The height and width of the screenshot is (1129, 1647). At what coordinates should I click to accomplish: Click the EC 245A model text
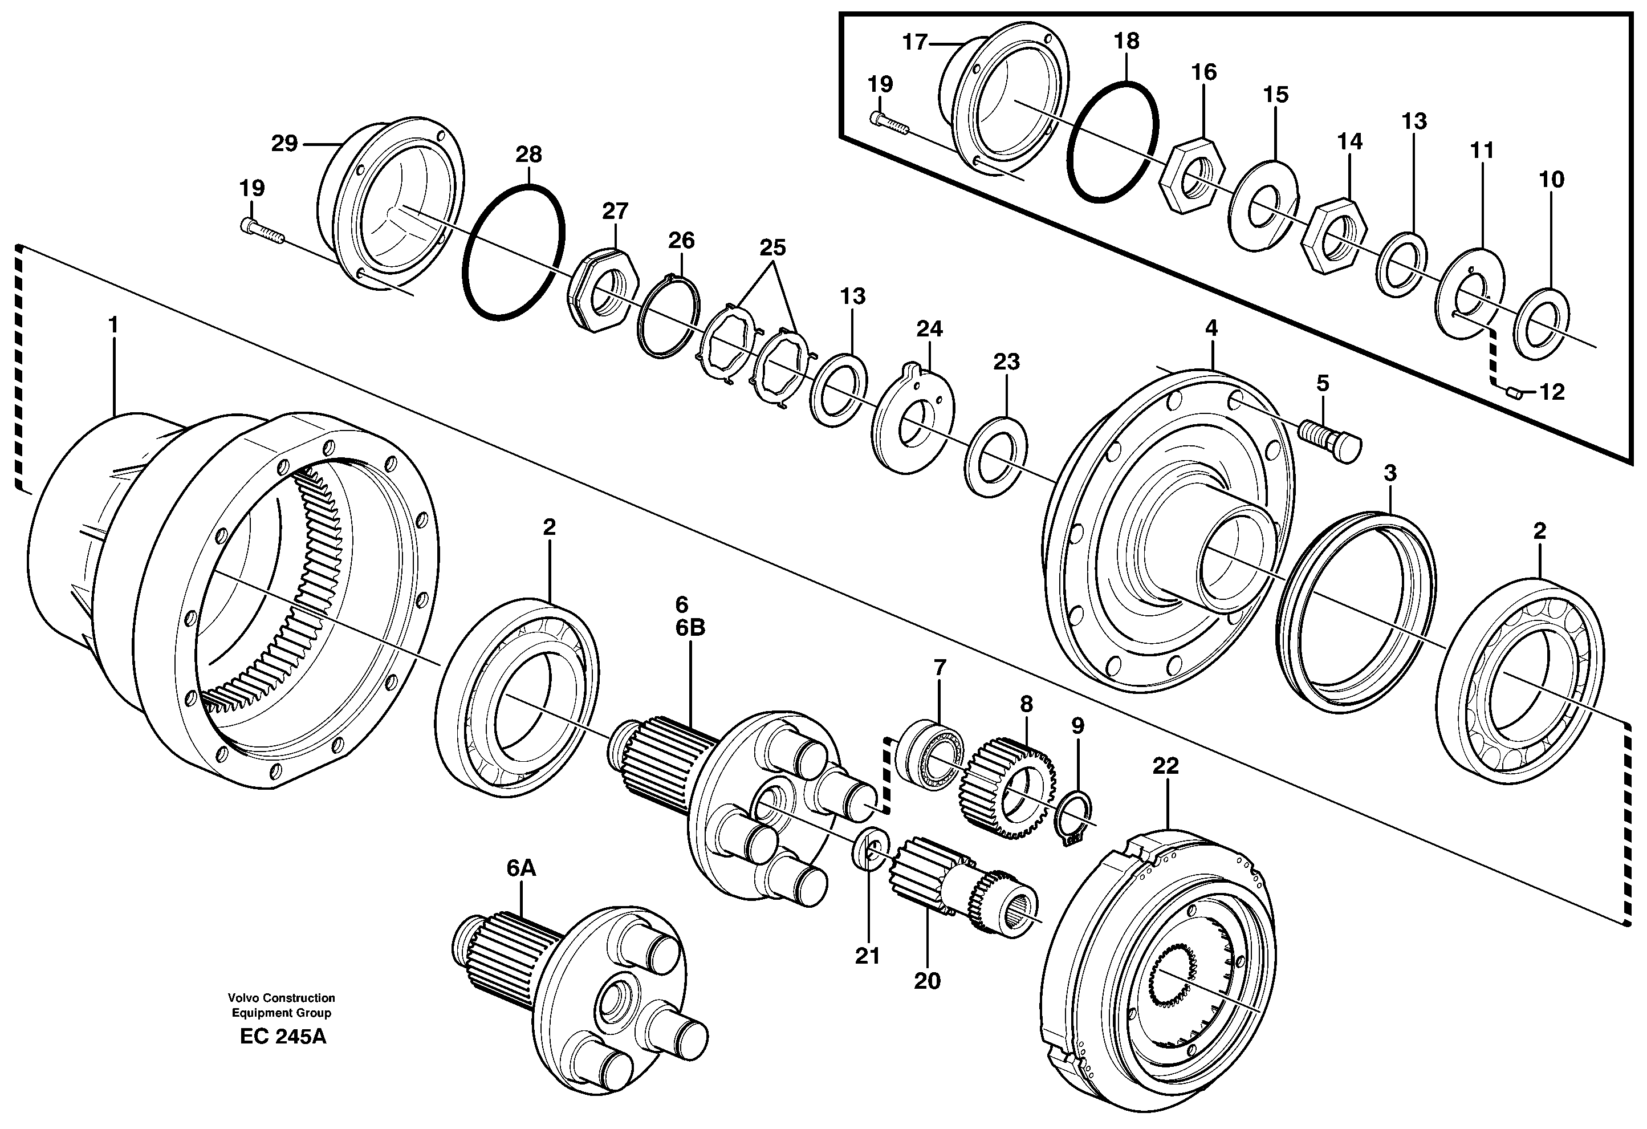tap(283, 1037)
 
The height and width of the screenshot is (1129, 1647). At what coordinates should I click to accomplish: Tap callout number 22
tap(1166, 766)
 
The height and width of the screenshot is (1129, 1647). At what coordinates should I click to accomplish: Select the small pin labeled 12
tap(1512, 393)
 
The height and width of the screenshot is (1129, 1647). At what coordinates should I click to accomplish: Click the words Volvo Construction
tap(282, 998)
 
